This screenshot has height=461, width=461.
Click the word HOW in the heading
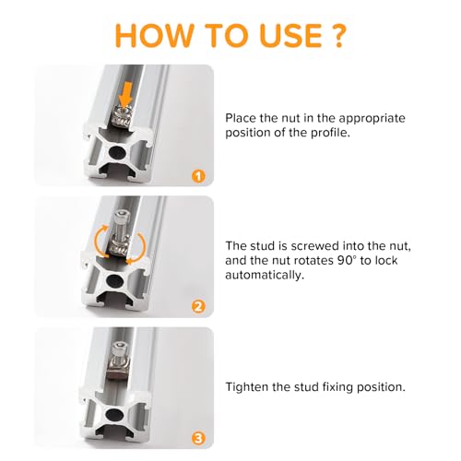point(154,35)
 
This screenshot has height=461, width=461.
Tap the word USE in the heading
point(291,35)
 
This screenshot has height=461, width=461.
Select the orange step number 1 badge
point(198,177)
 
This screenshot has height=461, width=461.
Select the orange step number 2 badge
point(198,307)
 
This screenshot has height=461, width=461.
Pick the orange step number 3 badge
point(198,438)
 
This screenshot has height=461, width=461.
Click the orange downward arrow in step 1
point(125,96)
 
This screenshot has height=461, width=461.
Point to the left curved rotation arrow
point(99,242)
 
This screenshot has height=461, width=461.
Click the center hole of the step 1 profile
point(118,153)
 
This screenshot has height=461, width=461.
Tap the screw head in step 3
point(119,349)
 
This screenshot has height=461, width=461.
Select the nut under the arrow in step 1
point(122,117)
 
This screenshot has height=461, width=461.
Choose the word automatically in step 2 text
point(265,276)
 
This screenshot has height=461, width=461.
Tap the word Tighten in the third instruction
point(247,387)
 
